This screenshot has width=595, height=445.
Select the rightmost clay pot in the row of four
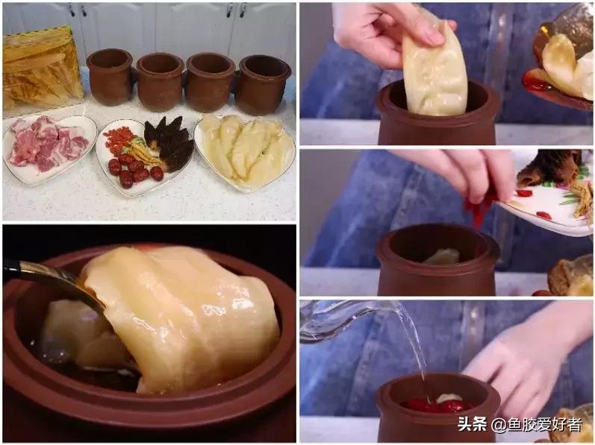point(261,83)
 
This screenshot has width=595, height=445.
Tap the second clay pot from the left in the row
point(159,81)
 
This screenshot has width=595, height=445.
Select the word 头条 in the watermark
point(472,425)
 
